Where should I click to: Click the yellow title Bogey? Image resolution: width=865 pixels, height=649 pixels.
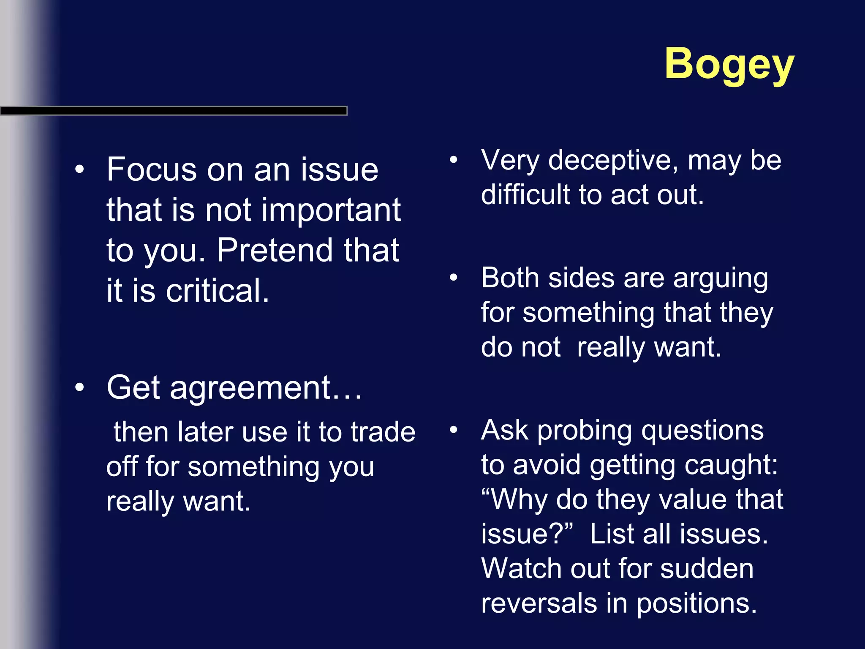729,64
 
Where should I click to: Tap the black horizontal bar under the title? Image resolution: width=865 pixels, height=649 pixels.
173,111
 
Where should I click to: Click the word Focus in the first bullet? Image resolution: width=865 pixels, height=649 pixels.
152,169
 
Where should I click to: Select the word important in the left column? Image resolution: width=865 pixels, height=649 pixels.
331,210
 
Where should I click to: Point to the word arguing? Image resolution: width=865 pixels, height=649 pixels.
721,279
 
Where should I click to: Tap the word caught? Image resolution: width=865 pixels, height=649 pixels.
731,465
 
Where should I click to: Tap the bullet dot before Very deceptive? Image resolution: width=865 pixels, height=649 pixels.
454,160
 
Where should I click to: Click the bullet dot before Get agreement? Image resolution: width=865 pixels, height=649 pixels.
79,387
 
